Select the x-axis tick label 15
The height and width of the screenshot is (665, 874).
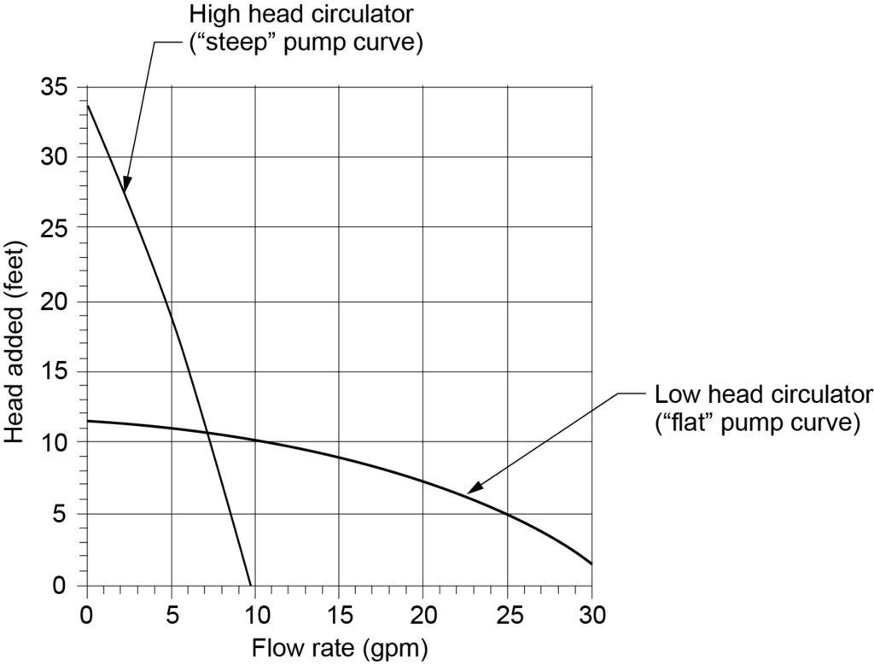pyautogui.click(x=339, y=614)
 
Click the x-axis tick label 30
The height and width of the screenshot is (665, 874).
pyautogui.click(x=591, y=614)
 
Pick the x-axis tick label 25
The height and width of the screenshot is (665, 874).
pyautogui.click(x=507, y=614)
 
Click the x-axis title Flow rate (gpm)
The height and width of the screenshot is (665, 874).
pyautogui.click(x=339, y=648)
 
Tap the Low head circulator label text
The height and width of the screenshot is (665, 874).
pyautogui.click(x=764, y=395)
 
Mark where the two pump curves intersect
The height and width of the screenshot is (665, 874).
pyautogui.click(x=208, y=433)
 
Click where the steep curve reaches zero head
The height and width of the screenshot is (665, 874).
pyautogui.click(x=251, y=585)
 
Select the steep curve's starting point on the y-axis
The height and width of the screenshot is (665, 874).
pyautogui.click(x=87, y=105)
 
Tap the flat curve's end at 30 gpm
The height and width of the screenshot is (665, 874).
pyautogui.click(x=591, y=563)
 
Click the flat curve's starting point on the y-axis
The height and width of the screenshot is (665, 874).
pyautogui.click(x=87, y=421)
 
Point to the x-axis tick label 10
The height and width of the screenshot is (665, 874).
pyautogui.click(x=255, y=614)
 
